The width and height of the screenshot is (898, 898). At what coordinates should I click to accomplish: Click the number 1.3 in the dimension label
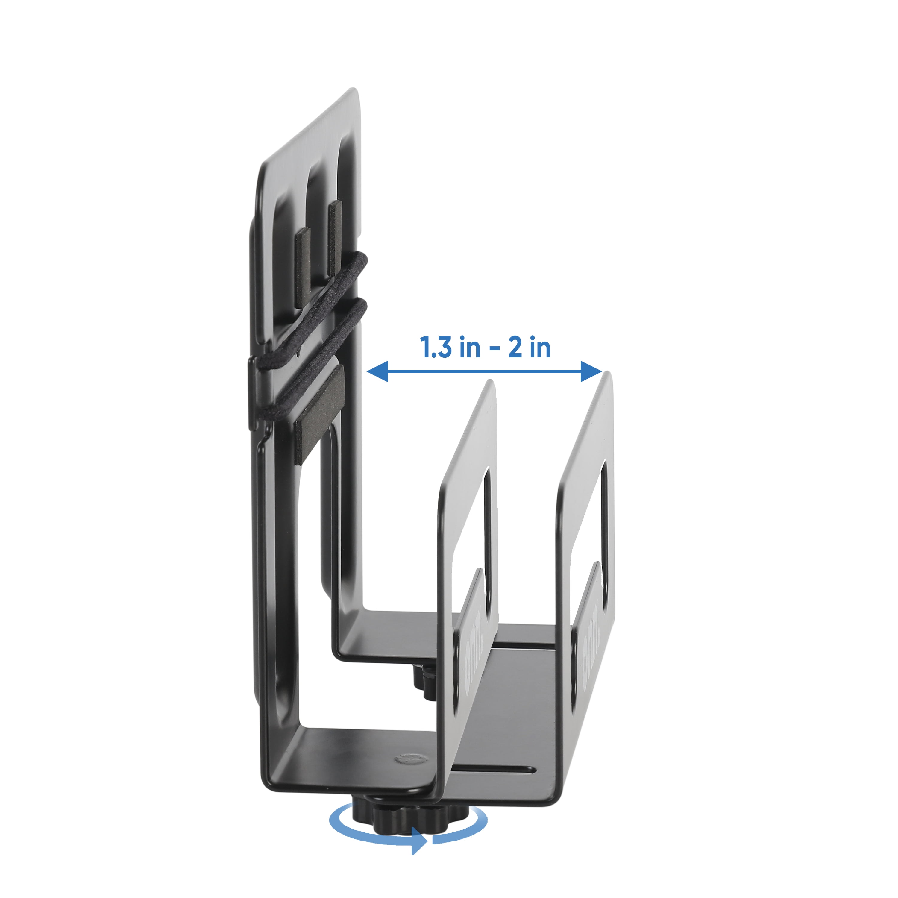(x=436, y=348)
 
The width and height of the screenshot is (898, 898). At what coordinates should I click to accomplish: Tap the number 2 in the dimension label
(x=515, y=348)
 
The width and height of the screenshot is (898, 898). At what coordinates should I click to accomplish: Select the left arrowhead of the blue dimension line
(x=377, y=371)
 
